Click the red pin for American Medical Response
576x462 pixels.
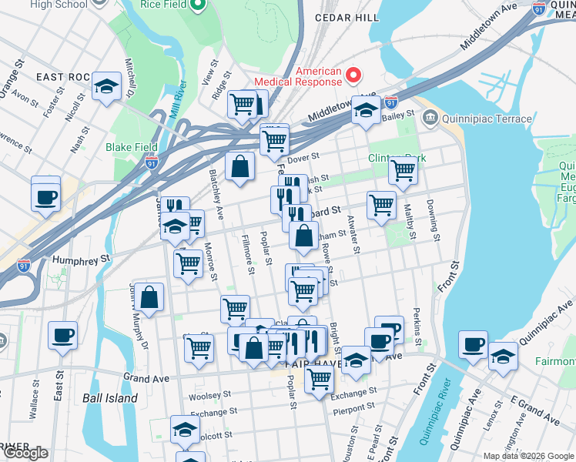[x=353, y=75]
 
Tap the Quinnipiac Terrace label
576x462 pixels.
[x=486, y=119]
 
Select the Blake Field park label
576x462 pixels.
[x=132, y=147]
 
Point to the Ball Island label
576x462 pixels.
[x=110, y=398]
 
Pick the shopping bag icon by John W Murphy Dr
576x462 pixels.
[x=152, y=297]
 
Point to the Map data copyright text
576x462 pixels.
[x=528, y=456]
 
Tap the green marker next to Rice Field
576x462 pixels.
[x=197, y=7]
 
